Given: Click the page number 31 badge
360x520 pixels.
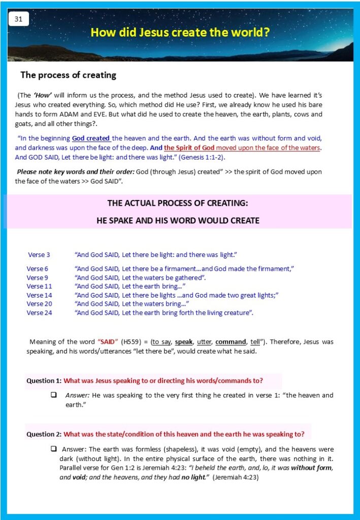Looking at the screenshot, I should (19, 19).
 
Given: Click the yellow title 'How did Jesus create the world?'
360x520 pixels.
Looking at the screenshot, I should (180, 32).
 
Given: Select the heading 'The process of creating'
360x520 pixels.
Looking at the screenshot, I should (68, 75).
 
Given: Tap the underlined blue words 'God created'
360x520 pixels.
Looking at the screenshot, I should (91, 138).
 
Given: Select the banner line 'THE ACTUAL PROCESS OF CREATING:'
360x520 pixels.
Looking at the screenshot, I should (177, 203).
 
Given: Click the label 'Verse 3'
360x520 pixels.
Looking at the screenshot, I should (39, 254).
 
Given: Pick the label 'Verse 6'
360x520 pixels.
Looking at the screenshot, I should (38, 269).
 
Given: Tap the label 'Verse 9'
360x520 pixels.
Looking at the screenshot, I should (38, 278).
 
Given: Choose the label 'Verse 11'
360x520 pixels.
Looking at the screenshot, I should (39, 286).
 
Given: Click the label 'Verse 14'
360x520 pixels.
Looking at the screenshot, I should (39, 295).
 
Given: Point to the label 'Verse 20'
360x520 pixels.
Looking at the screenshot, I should (39, 304).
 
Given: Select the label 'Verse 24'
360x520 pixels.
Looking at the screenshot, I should (39, 313).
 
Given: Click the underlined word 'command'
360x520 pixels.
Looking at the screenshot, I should (231, 342).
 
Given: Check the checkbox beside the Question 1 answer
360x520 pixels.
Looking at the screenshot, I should (53, 395).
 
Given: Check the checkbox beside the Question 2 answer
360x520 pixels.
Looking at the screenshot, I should (53, 449).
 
